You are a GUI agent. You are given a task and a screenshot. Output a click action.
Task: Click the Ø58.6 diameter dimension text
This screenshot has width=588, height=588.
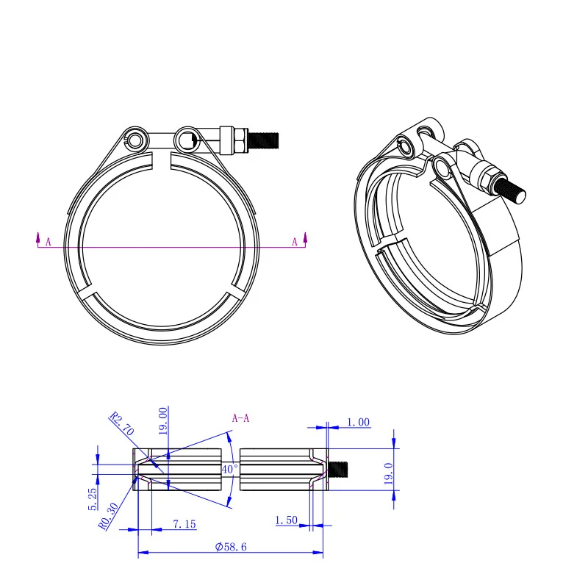coord(231,546)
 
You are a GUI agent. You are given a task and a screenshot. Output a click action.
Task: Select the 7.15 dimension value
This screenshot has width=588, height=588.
coord(184,524)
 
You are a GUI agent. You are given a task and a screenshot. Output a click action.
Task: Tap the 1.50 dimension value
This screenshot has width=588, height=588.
coord(286,520)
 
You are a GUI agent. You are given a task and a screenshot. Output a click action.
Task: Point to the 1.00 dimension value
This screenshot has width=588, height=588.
coord(358,422)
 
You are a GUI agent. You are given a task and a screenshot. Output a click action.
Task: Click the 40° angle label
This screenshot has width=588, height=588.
coord(229,469)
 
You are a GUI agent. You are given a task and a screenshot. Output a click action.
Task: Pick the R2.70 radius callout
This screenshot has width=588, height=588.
coord(121,423)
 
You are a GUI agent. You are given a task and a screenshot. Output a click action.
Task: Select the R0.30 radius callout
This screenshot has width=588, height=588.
coord(108,516)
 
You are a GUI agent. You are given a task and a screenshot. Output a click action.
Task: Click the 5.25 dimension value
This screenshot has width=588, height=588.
coord(93,499)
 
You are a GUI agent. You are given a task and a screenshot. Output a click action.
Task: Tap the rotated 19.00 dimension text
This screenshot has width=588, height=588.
coord(162,421)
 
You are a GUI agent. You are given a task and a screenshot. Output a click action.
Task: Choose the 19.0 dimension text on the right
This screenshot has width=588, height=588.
coord(389,473)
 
